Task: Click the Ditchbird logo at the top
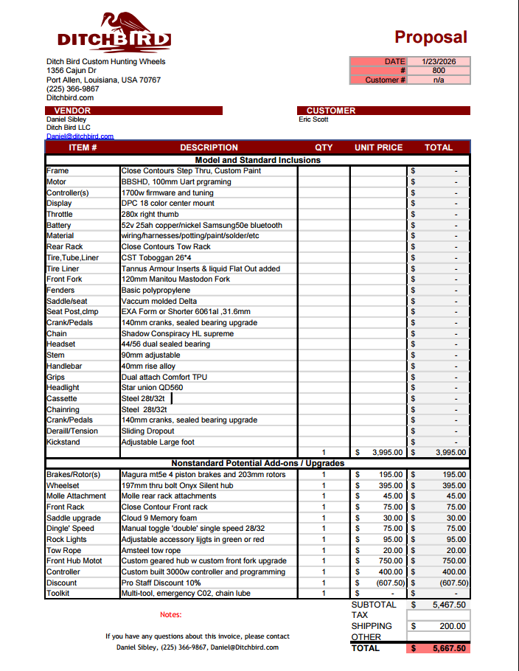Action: tap(114, 32)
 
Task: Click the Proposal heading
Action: tap(431, 37)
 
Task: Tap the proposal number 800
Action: tap(438, 71)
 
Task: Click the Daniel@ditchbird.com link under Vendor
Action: tap(80, 136)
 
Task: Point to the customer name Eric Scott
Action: tap(313, 119)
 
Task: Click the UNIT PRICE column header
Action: tap(378, 147)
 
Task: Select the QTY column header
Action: tap(324, 147)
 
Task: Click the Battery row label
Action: tap(59, 225)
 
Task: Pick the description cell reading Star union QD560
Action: tap(152, 387)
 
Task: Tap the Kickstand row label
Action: tap(63, 442)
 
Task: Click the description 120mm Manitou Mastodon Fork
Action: tap(175, 279)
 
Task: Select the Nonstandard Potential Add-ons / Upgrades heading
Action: tap(257, 463)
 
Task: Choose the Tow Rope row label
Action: tap(64, 550)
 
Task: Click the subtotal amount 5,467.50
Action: tap(449, 605)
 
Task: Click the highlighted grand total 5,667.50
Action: tap(449, 648)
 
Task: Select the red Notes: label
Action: tap(170, 614)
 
